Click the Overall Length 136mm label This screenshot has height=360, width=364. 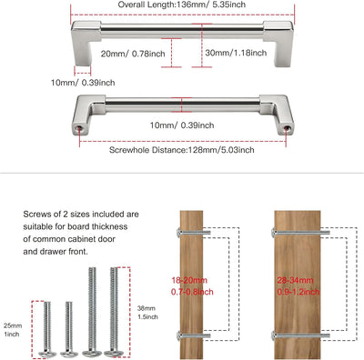pyautogui.click(x=182, y=5)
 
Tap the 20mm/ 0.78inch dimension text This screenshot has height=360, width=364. pyautogui.click(x=133, y=54)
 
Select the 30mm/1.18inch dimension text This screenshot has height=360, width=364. pyautogui.click(x=236, y=53)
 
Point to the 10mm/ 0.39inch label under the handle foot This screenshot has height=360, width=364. pyautogui.click(x=83, y=83)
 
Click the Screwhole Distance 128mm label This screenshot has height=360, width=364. pyautogui.click(x=182, y=150)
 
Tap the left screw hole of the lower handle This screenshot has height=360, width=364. pyautogui.click(x=80, y=128)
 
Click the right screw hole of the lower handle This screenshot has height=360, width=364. pyautogui.click(x=286, y=128)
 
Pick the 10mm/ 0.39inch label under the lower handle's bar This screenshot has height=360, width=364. pyautogui.click(x=182, y=125)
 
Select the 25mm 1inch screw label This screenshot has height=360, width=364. pyautogui.click(x=13, y=330)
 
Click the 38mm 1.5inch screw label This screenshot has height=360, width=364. pyautogui.click(x=147, y=313)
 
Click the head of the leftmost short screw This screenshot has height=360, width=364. pyautogui.click(x=47, y=354)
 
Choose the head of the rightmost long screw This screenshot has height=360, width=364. pyautogui.click(x=114, y=353)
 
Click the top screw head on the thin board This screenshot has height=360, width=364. pyautogui.click(x=178, y=233)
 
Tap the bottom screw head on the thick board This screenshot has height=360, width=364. pyautogui.click(x=274, y=335)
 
